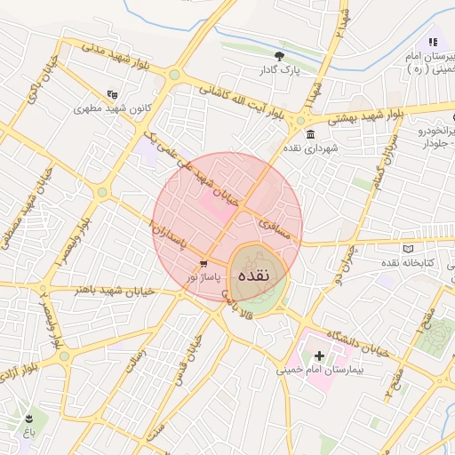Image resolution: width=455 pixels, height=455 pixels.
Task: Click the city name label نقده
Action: (x=255, y=275)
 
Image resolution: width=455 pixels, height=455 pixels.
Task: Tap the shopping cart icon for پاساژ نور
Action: (x=204, y=263)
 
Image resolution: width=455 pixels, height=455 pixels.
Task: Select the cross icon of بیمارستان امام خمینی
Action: (x=319, y=355)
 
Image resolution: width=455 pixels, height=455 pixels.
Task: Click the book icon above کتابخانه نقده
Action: (x=408, y=249)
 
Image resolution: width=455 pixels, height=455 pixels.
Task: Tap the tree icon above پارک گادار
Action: (x=280, y=55)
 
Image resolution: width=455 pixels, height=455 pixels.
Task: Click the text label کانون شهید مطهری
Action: (x=109, y=108)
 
